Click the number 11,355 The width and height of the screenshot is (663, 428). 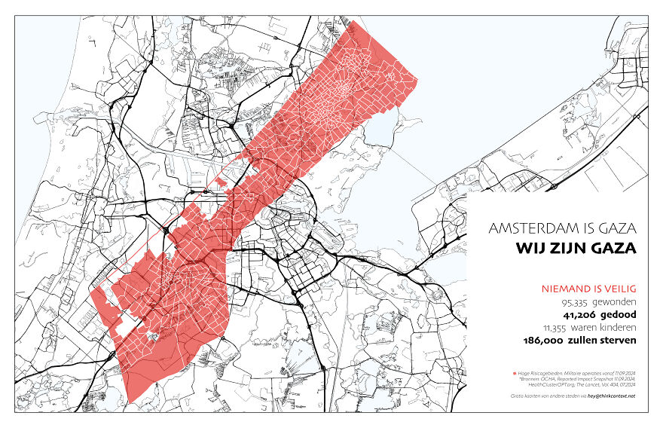tap(558, 328)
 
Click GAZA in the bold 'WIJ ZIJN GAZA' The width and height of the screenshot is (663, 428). tap(615, 247)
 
